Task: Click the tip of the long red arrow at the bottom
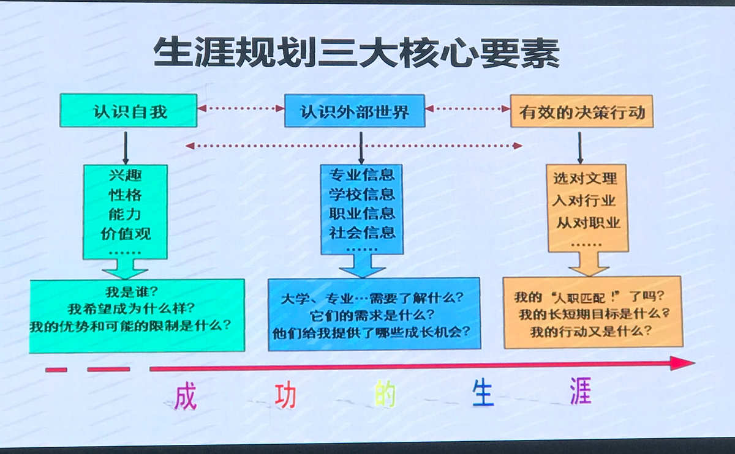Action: (695, 363)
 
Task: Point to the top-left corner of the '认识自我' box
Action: (60, 94)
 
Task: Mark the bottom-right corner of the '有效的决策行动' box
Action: (653, 127)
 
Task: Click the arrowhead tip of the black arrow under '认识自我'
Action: (126, 164)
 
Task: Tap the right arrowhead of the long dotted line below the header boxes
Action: (522, 146)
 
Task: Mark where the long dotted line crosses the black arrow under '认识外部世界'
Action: (361, 146)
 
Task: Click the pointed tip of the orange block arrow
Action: (589, 276)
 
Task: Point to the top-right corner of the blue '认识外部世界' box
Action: (424, 95)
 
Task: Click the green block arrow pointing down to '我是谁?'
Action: (125, 269)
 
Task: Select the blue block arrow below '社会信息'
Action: (362, 266)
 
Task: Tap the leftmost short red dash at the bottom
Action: (56, 370)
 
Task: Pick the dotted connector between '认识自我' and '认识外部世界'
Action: (241, 108)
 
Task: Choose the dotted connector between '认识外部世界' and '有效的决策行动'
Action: (467, 108)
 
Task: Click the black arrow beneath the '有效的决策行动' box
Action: (580, 148)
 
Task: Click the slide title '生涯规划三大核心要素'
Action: (356, 53)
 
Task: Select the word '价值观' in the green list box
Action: (126, 234)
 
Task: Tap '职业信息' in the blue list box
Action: (362, 214)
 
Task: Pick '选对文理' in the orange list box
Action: (585, 178)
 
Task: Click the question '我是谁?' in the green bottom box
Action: (132, 291)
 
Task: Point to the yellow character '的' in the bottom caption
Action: (385, 393)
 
